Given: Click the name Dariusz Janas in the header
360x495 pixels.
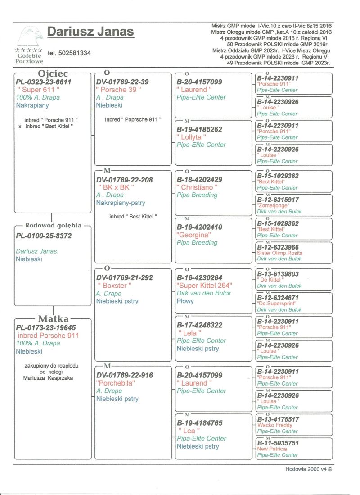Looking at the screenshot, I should point(90,32).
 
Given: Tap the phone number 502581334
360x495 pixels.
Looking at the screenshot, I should point(69,53).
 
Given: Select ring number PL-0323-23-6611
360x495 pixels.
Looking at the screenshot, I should point(44,82).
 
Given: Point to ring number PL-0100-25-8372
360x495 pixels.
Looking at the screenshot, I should point(44,236).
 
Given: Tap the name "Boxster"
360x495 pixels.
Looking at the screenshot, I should point(115,286).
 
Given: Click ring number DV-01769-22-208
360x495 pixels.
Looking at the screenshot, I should point(125,180).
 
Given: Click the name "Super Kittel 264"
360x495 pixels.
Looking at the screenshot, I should point(205,286).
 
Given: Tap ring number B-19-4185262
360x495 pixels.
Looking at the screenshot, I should point(199,129).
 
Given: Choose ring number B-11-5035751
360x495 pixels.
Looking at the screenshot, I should point(277,443).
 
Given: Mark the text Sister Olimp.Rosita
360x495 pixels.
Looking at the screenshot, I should point(280,253).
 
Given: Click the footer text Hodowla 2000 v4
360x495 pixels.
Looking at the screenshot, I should point(308,469).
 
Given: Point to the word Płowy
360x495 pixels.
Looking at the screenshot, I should point(185,301).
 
